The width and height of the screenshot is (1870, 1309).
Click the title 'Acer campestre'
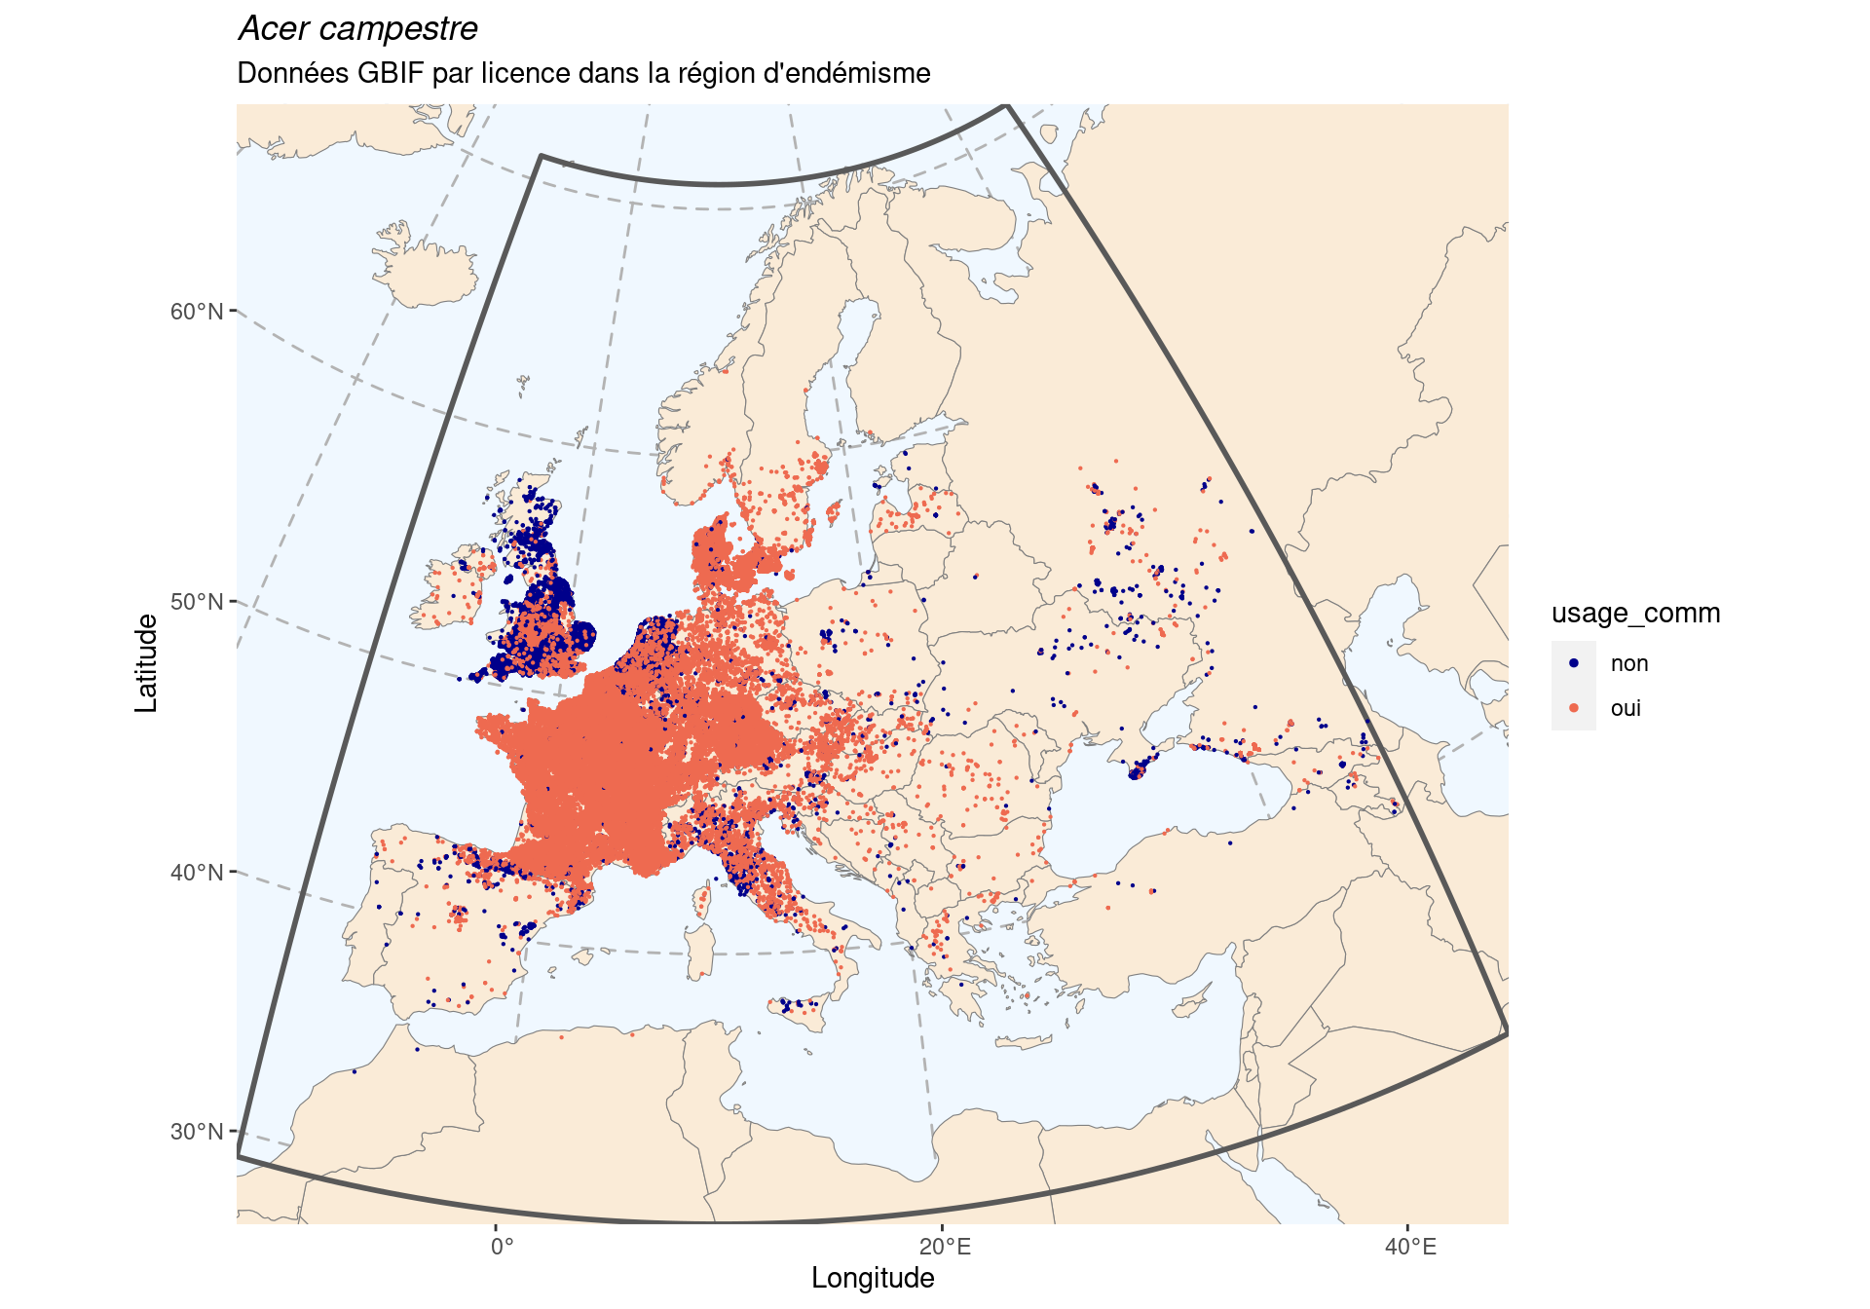click(357, 29)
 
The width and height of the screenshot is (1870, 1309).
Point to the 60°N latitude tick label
click(197, 312)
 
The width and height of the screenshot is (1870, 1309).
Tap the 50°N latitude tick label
click(197, 602)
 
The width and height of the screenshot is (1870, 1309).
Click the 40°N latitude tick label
click(197, 873)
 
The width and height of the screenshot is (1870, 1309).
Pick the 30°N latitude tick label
click(197, 1132)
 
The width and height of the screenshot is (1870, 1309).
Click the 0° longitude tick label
click(502, 1248)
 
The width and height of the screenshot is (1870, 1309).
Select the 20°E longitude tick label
click(944, 1248)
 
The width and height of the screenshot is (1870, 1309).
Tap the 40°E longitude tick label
click(1409, 1248)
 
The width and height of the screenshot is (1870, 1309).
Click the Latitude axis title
click(146, 663)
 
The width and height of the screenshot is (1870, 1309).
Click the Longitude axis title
click(873, 1279)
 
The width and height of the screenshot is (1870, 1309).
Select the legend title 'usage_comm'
click(1635, 614)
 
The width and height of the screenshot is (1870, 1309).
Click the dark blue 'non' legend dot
click(1574, 663)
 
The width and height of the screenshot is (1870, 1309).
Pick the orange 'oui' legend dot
click(1574, 708)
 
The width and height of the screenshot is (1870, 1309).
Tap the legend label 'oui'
click(1626, 708)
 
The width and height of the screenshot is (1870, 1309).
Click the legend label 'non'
click(1628, 663)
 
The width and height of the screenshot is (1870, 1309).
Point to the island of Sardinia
click(699, 950)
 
